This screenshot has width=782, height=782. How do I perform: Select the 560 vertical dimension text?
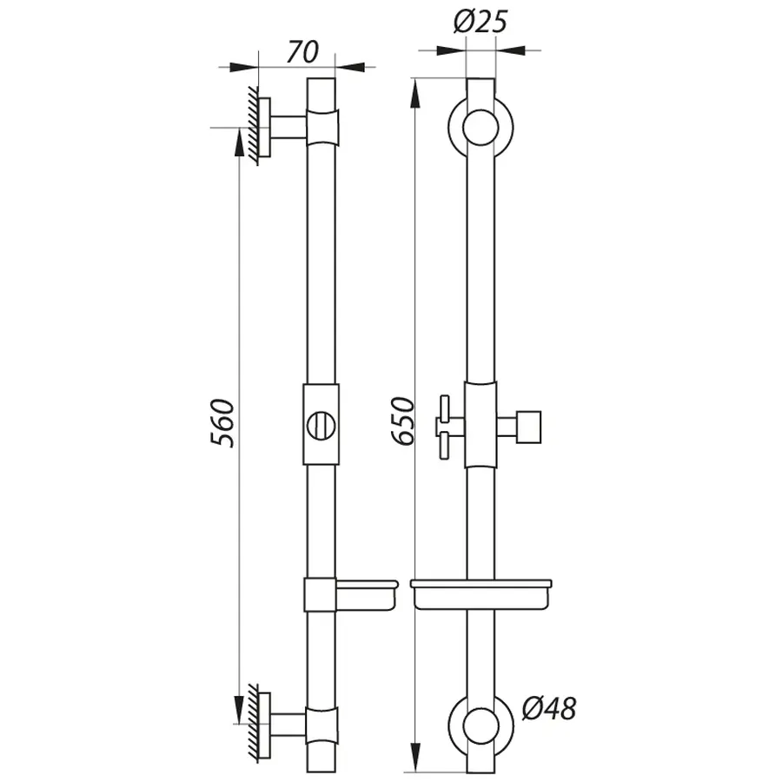pyautogui.click(x=222, y=423)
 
